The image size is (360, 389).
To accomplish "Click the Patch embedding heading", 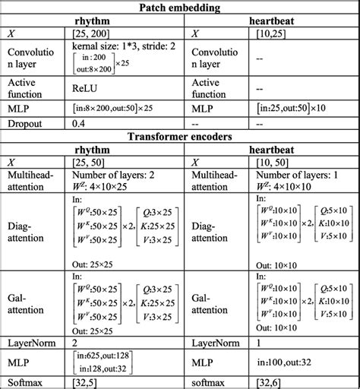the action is [181, 8].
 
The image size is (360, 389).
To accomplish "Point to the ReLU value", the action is [78, 87].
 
